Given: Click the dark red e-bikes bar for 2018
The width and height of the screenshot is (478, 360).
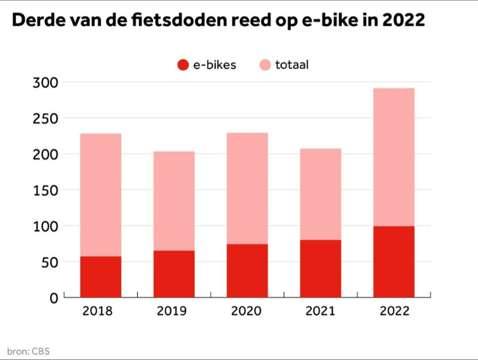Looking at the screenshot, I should [101, 277].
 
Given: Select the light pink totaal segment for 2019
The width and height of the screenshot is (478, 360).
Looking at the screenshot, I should [174, 201].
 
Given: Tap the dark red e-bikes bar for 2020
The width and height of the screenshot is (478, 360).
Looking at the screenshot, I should [247, 271].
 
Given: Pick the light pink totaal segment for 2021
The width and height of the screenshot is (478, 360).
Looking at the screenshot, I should [320, 194].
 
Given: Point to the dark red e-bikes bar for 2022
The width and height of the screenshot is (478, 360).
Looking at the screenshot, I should [394, 262].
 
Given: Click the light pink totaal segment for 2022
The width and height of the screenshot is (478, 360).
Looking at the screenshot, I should [394, 157].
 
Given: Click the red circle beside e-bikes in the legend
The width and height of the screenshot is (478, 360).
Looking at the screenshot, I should [183, 65].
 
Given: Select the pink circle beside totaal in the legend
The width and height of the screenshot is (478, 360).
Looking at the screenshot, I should [265, 65].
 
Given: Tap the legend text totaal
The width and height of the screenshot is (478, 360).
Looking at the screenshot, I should [292, 65].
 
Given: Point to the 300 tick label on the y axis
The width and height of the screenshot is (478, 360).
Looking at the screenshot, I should [45, 82].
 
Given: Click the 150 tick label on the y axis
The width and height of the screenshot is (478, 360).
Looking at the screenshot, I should [45, 190].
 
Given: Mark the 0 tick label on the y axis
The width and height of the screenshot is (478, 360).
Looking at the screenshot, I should [53, 298].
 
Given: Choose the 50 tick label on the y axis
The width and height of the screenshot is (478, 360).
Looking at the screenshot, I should [49, 262].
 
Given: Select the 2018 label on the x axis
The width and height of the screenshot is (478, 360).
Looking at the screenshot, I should [98, 311].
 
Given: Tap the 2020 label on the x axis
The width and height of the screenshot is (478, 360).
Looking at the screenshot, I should [246, 311].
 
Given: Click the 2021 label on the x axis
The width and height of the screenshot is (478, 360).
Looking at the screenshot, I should [320, 311].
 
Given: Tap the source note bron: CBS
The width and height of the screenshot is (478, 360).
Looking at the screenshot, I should [28, 351].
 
